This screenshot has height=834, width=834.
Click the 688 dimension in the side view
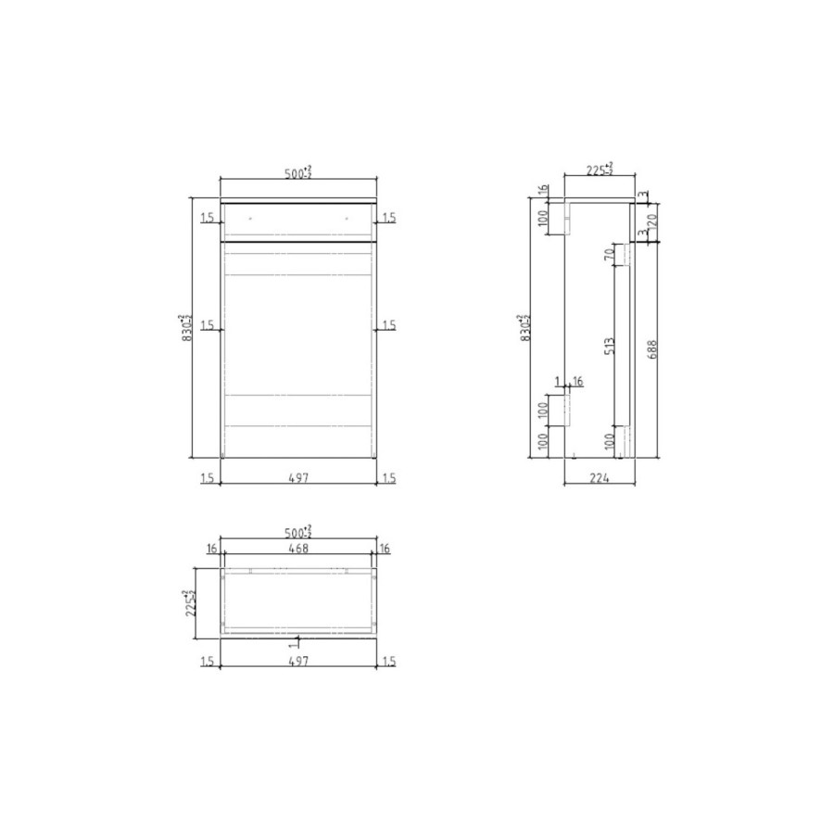[653, 349]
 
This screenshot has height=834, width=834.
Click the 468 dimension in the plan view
[297, 549]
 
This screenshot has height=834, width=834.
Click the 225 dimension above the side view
[599, 170]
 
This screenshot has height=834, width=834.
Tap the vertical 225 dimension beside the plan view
[188, 602]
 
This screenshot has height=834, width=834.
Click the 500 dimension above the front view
[297, 171]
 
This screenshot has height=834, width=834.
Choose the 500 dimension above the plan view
[297, 532]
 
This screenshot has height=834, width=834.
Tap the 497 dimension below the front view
[297, 479]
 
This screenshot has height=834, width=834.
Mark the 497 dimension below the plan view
[297, 661]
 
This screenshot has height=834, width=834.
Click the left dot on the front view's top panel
[249, 220]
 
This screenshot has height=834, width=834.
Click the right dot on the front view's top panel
[347, 220]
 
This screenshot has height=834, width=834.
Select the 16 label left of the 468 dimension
[211, 550]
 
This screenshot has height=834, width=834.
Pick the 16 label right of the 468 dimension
[385, 550]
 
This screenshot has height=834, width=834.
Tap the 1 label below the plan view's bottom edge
[292, 641]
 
